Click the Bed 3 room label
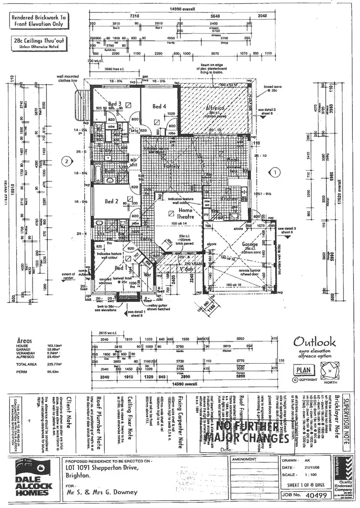(x=114, y=103)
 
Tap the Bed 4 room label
(x=159, y=106)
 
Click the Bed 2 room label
(x=111, y=201)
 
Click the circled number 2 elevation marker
(x=68, y=161)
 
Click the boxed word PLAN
(x=303, y=370)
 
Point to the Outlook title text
(x=314, y=342)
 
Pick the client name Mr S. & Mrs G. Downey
(x=101, y=492)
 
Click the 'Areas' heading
(x=24, y=338)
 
